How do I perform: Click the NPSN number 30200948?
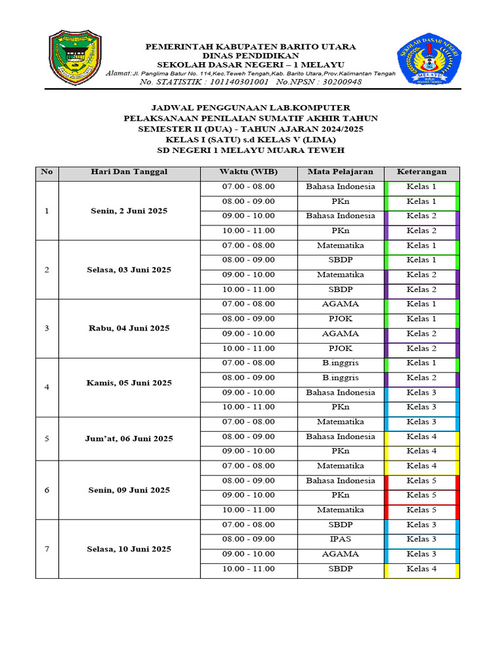338,82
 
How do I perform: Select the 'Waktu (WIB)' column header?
248,172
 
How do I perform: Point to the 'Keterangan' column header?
422,172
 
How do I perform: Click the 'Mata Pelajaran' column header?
340,172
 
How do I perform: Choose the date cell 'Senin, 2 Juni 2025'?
129,211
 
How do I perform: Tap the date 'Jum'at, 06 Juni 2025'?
129,438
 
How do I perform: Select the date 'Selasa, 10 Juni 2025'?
129,549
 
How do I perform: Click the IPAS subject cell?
340,539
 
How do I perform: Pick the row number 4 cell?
46,387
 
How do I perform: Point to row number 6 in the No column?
46,490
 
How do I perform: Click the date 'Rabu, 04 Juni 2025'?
129,328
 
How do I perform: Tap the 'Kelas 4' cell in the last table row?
422,568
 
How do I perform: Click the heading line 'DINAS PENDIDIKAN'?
250,56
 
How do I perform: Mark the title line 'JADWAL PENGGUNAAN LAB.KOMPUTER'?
250,107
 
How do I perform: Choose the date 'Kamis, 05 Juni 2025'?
129,383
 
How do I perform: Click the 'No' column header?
46,172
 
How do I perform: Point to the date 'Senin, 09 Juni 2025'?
129,490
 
